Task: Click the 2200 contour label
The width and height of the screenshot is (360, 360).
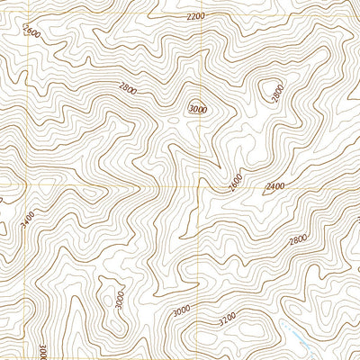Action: (x=195, y=16)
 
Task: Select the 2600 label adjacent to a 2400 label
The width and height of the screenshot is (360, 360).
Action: (x=236, y=181)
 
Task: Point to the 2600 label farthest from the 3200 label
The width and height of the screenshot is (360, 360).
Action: (x=32, y=32)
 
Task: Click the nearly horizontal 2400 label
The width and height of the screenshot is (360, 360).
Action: (x=274, y=186)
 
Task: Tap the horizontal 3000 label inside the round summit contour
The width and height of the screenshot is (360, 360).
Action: (x=195, y=108)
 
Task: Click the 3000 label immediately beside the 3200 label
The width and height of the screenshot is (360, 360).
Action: (x=182, y=310)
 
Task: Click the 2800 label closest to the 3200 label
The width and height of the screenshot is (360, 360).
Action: (x=298, y=238)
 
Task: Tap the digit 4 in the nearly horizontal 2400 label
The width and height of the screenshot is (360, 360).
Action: (x=272, y=186)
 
